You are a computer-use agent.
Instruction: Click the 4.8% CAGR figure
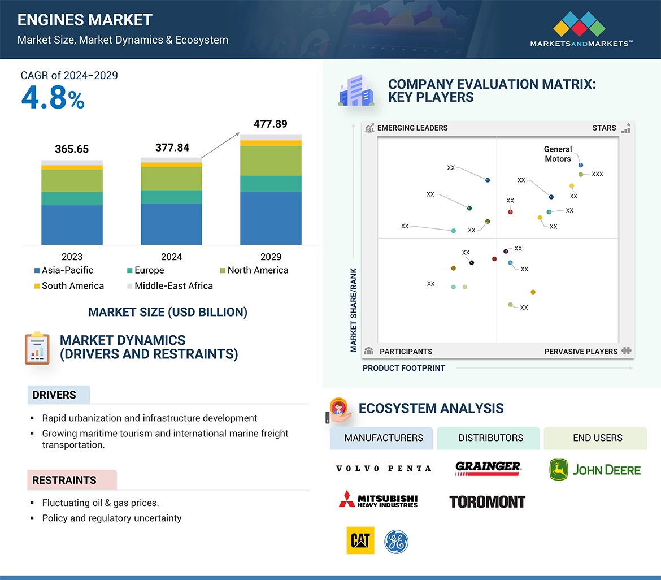coord(53,98)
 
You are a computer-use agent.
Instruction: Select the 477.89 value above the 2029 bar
coord(271,124)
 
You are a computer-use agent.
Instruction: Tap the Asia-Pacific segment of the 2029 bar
coord(271,218)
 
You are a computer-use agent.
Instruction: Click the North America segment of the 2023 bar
coord(72,181)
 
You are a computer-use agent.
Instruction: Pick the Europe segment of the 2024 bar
coord(171,197)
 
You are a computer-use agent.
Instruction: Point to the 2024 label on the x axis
coord(171,257)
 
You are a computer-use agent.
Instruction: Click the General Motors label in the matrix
coord(558,154)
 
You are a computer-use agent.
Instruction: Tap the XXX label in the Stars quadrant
coord(597,174)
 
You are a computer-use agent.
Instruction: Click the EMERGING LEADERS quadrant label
coord(412,128)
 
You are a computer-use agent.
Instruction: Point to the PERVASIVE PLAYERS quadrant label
coord(581,351)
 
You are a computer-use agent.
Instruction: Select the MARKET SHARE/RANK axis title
coord(354,310)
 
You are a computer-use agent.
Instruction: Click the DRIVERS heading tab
coord(55,395)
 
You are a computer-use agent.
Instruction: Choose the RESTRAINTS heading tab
coord(64,480)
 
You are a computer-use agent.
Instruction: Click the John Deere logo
coord(595,470)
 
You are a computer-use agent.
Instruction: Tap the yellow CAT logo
coord(360,541)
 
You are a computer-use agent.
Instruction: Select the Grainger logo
coord(488,468)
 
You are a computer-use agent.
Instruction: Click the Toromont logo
coord(487,501)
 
